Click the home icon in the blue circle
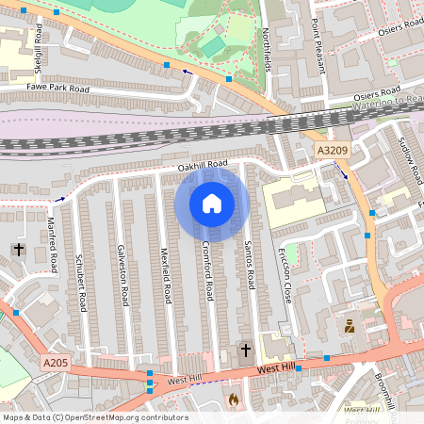point(212,203)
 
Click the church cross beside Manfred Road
point(18,250)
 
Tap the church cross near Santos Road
point(246,351)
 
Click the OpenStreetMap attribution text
point(94,417)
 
